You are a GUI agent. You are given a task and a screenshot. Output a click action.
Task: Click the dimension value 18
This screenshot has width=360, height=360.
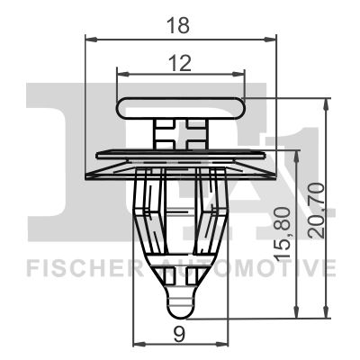[x=178, y=25]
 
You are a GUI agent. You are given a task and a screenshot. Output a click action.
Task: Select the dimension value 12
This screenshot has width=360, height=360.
[x=180, y=63]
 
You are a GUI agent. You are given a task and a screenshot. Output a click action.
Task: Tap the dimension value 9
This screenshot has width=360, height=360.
[x=180, y=335]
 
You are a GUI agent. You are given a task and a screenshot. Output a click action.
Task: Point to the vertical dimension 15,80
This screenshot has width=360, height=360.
[x=283, y=234]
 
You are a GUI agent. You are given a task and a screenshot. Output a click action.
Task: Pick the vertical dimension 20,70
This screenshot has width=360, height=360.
[x=317, y=211]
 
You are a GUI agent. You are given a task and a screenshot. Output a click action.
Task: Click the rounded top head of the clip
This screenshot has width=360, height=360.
[x=181, y=108]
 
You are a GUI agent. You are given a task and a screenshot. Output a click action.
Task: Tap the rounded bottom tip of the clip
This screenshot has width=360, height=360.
[x=180, y=308]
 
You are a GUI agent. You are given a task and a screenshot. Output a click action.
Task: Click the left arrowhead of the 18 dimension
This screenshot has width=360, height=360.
[x=92, y=40]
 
